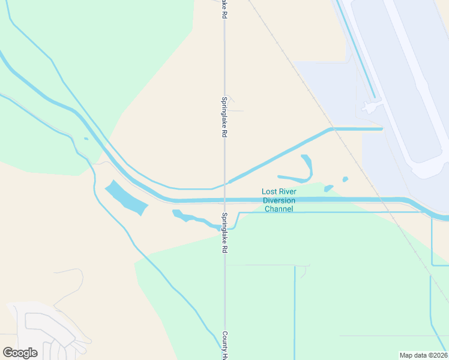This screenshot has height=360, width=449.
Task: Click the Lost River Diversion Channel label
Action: [x=279, y=200]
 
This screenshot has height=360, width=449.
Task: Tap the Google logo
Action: [x=20, y=353]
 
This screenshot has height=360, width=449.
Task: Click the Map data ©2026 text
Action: [x=423, y=355]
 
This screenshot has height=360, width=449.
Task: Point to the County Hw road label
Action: [x=224, y=346]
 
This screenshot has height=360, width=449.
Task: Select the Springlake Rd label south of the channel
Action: [x=224, y=233]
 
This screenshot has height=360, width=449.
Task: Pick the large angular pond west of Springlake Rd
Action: [x=127, y=197]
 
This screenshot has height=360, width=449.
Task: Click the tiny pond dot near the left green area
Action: [x=86, y=139]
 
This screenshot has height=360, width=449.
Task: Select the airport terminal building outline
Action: [x=373, y=107]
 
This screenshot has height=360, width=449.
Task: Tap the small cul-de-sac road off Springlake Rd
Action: [x=232, y=105]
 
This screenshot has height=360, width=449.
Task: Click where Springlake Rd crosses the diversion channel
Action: [x=224, y=200]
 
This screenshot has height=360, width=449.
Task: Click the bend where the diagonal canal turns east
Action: [x=331, y=129]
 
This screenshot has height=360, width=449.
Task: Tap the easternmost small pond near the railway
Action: [x=345, y=179]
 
